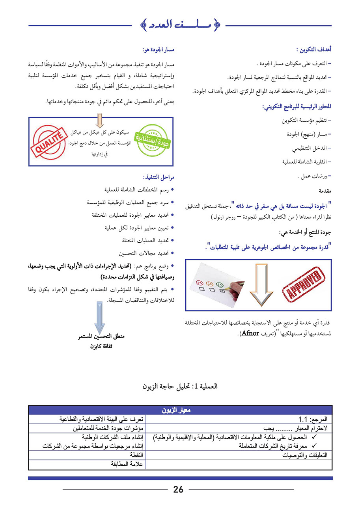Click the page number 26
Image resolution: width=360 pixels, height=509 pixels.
(178, 490)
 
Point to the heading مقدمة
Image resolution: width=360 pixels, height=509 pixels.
(325, 191)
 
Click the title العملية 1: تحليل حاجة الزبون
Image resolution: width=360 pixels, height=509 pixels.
(180, 386)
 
